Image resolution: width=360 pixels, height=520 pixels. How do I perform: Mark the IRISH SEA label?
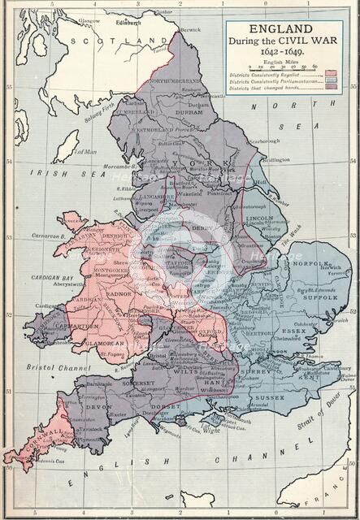[x=52, y=171]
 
